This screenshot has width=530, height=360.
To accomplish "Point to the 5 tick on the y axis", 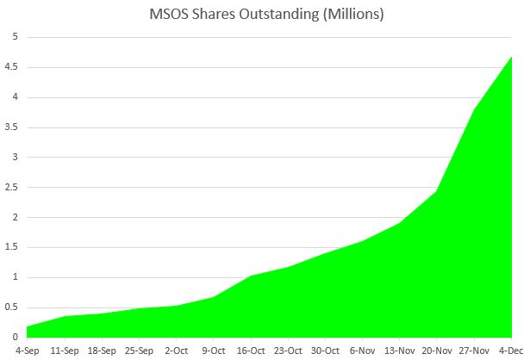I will tap(14, 37).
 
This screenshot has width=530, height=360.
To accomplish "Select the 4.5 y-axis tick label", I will tap(10, 67).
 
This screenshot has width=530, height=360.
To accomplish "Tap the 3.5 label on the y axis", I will tap(10, 127).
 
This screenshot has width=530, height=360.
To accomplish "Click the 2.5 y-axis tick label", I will tap(10, 187).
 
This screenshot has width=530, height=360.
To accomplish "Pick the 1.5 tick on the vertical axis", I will tap(10, 247).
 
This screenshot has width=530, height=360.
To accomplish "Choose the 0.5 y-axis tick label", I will tap(10, 307).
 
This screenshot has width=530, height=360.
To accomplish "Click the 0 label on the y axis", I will tap(14, 337).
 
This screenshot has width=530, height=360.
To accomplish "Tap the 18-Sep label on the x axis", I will tap(103, 351).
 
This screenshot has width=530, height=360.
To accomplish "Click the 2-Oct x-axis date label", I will tap(176, 351).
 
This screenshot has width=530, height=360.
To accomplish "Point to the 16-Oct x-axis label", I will tap(250, 351).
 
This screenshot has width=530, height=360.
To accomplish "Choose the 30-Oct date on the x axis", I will tap(324, 351).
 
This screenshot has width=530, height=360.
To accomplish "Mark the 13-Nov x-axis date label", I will tap(399, 351).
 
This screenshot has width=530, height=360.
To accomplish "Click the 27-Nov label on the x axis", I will tap(473, 351).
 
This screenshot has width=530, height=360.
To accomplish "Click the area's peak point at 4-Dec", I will tap(512, 57).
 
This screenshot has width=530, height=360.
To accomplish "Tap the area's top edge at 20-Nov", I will tap(438, 191).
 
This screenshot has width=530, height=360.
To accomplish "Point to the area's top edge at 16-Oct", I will tap(250, 276).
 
